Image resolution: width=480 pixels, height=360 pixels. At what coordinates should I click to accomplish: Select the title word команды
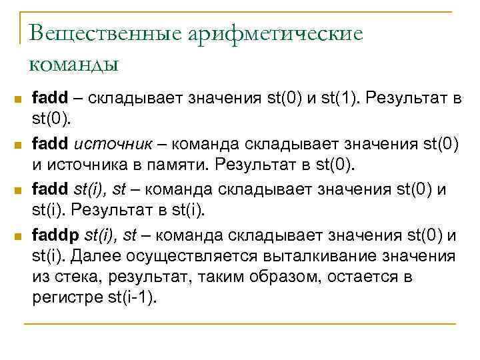coord(74,65)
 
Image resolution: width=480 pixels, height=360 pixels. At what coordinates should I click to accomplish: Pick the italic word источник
coord(104,144)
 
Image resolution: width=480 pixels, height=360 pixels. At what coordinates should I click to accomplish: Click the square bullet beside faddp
coord(18,236)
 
